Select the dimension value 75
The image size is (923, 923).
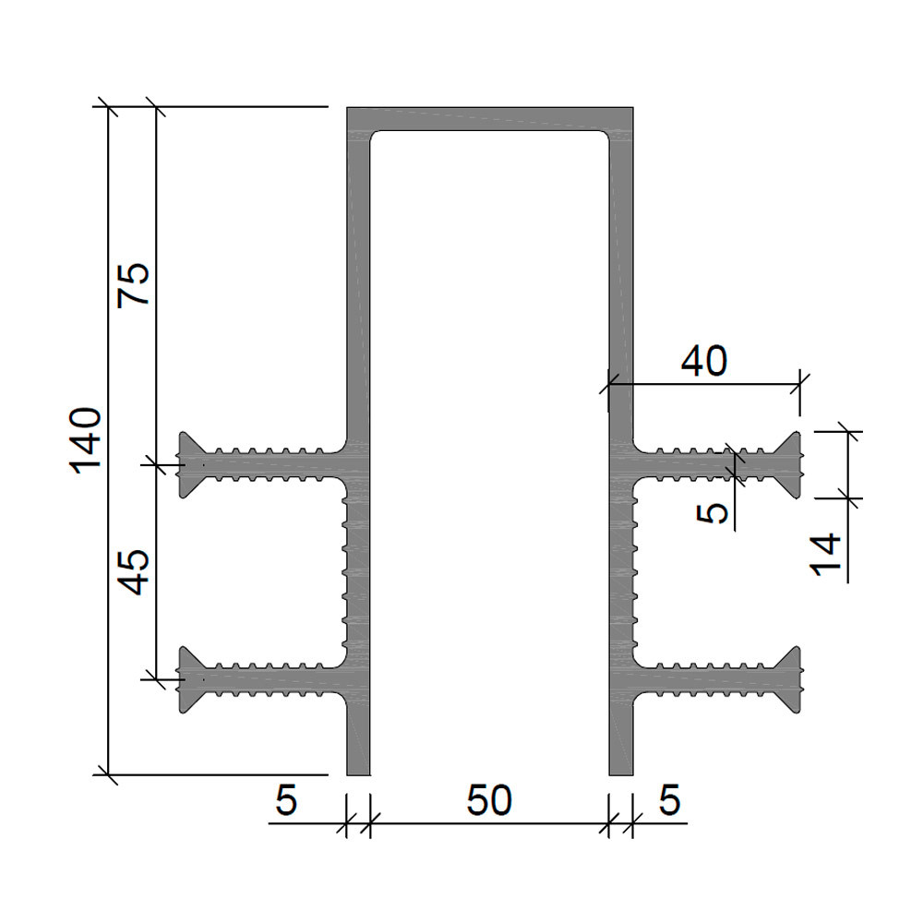134,285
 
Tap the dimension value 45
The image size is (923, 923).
134,572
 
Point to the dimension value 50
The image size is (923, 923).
489,800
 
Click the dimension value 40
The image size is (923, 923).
704,361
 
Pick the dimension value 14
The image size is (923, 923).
825,554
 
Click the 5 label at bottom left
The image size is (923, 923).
286,800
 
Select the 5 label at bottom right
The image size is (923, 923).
669,800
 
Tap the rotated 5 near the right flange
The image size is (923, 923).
713,512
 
